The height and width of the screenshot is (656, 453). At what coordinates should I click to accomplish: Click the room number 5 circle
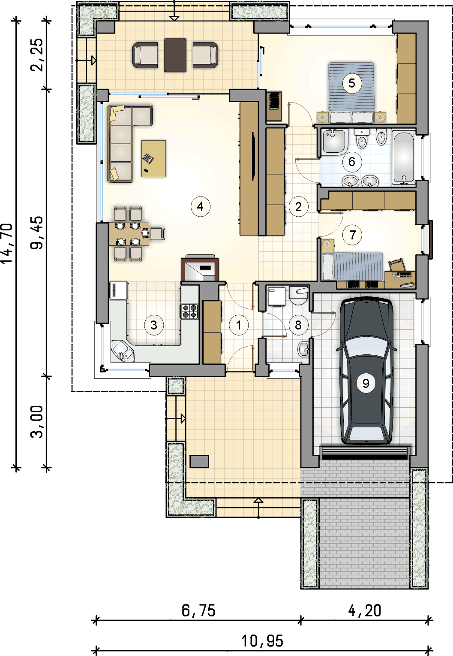tap(352, 84)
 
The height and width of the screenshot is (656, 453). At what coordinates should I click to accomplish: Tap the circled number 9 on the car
tap(366, 384)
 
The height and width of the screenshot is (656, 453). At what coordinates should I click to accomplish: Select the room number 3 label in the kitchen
tap(154, 325)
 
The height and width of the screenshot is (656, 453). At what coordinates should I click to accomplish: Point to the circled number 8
tap(298, 325)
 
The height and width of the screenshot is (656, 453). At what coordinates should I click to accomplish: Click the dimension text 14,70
tap(7, 244)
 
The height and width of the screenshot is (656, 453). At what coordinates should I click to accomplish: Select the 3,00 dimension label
tap(37, 422)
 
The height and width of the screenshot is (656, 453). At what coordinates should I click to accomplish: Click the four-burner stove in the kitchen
tap(189, 311)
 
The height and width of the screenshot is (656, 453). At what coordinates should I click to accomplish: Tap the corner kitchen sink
tap(123, 351)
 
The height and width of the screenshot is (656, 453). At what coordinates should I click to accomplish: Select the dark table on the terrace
tap(175, 55)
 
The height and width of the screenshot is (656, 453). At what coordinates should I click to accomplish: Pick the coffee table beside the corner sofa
tap(153, 158)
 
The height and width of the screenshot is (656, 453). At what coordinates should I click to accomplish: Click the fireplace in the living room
tap(200, 269)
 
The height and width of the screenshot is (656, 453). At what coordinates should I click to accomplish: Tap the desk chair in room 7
tap(396, 265)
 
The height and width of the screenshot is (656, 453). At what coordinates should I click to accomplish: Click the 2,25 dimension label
tap(37, 55)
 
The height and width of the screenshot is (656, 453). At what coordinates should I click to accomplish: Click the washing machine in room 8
tap(276, 296)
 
